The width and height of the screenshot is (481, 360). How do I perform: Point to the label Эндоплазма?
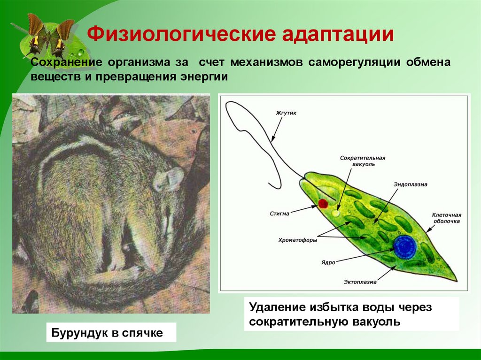(x=410, y=184)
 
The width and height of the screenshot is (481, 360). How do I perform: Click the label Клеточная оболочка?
(x=445, y=218)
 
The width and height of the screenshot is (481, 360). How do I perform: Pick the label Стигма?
(x=280, y=213)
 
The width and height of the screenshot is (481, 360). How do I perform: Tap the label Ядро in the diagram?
(x=329, y=262)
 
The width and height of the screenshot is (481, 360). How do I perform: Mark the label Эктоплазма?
(x=359, y=282)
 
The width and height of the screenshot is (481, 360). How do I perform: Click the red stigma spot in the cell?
(x=323, y=203)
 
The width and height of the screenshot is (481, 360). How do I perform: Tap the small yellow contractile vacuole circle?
(x=335, y=213)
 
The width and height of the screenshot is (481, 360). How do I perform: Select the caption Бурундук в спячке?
(x=111, y=333)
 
